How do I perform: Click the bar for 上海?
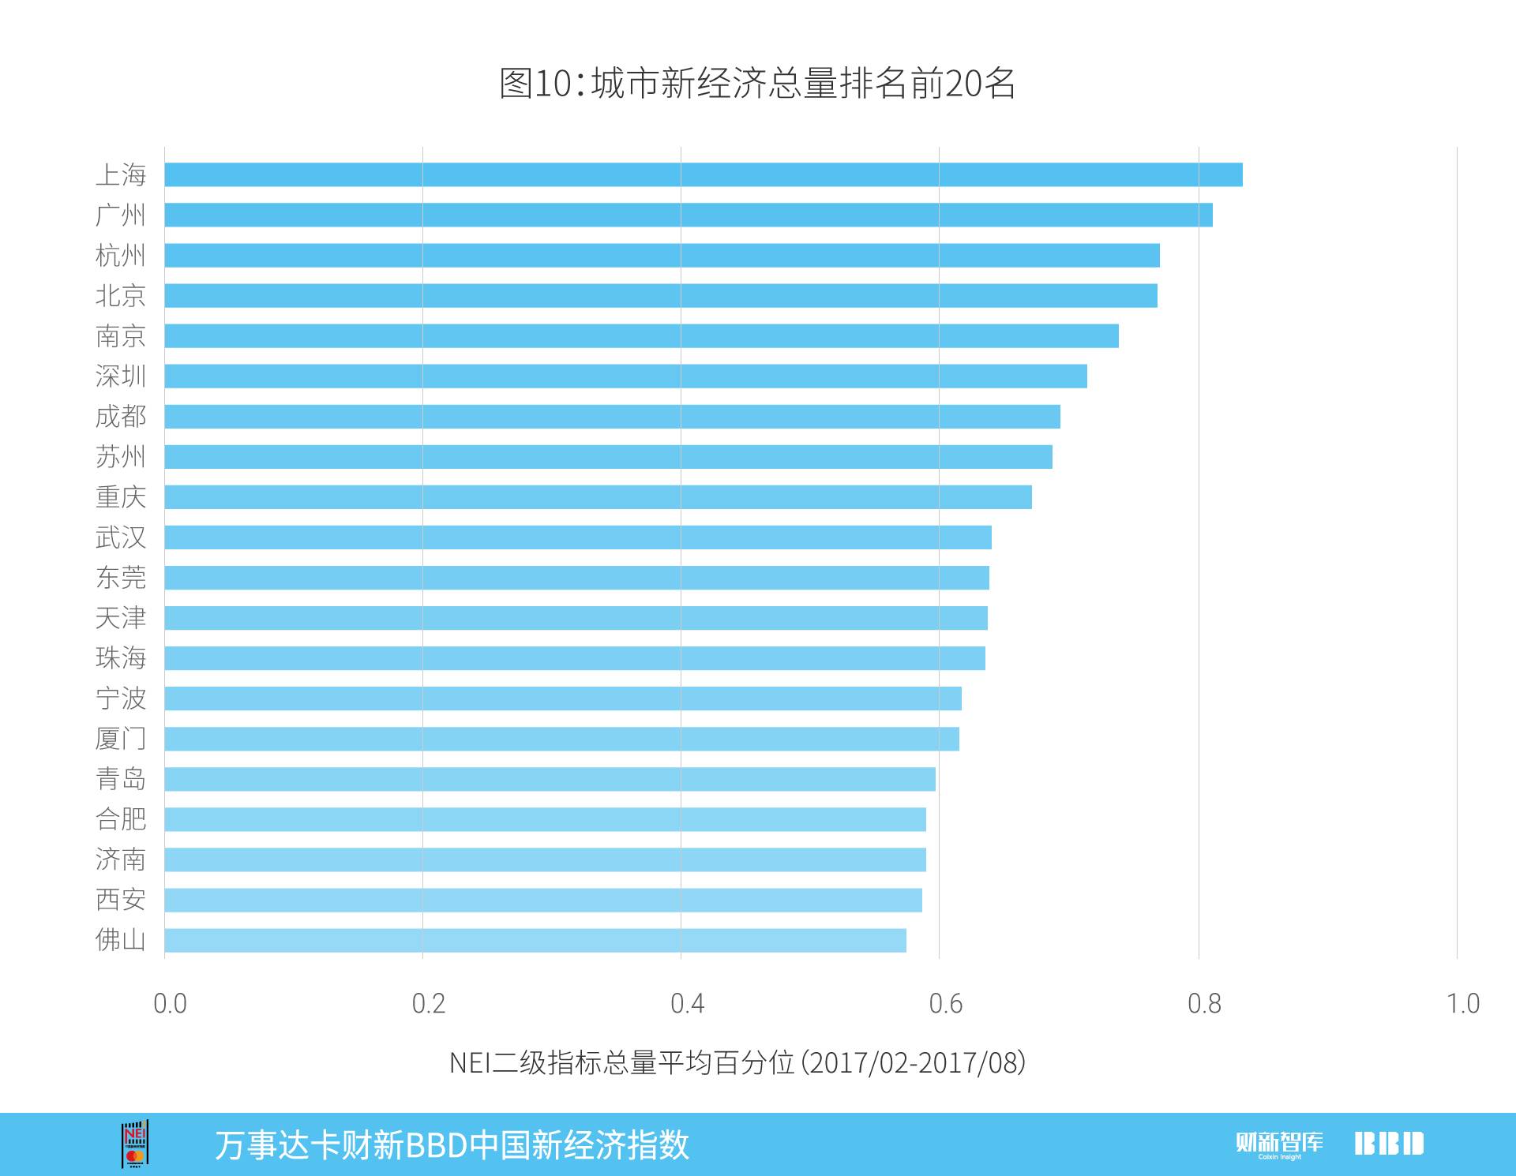coord(703,174)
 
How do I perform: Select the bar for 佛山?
coord(535,940)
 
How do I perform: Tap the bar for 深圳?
coord(625,376)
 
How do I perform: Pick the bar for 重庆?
coord(598,496)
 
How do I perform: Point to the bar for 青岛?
coord(550,779)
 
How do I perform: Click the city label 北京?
coord(121,295)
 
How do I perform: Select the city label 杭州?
coord(121,255)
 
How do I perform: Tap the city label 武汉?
coord(121,537)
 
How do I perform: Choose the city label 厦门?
coord(121,739)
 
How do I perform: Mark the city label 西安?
coord(121,900)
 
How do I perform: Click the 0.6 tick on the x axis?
coord(945,1003)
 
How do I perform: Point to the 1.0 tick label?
coord(1462,1003)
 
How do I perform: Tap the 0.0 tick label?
coord(170,1003)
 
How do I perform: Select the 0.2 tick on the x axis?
coord(428,1003)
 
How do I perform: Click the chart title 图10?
coord(757,83)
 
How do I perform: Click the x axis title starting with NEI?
coord(737,1062)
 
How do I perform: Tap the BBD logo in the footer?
coord(1389,1144)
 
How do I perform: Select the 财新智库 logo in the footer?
coord(1279,1144)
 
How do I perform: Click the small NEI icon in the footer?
coord(135,1144)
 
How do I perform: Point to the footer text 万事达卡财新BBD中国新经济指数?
coord(452,1144)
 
